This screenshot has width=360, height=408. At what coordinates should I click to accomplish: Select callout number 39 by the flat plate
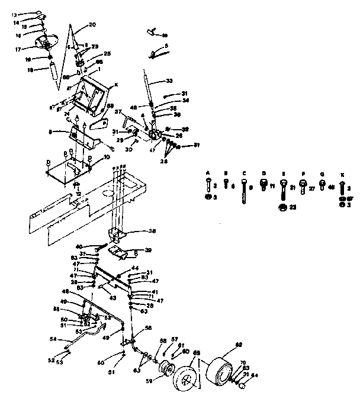tap(148, 250)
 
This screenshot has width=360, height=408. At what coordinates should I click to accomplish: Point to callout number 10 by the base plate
tap(107, 157)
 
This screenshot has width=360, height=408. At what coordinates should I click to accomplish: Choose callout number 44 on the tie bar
tap(135, 268)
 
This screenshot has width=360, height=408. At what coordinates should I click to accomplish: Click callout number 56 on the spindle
tap(148, 327)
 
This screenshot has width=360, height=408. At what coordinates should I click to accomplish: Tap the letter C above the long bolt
tap(244, 174)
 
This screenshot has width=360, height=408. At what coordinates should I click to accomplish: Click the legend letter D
tap(264, 174)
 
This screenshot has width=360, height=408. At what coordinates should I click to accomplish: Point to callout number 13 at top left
tap(15, 13)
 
